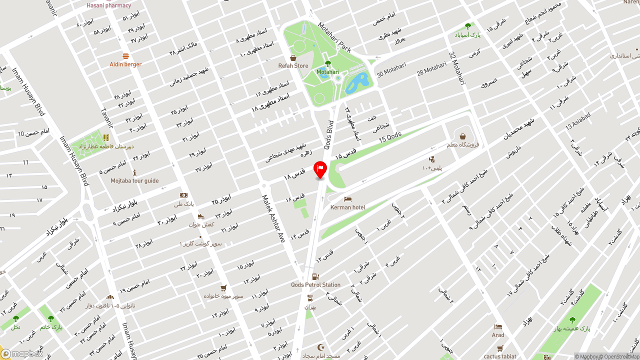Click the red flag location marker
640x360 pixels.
320,169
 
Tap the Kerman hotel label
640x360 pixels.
347,207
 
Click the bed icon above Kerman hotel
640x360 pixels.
347,199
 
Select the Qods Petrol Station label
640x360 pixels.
315,285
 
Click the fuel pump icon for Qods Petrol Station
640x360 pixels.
315,276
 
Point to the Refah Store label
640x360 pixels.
293,66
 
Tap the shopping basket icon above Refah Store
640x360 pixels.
293,58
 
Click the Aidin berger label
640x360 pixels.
125,64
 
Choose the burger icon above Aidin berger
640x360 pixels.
125,56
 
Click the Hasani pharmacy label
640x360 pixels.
108,5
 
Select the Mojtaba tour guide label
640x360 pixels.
134,181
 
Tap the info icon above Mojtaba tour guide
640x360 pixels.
134,172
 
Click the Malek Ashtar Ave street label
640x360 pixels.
273,218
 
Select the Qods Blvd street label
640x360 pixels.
329,134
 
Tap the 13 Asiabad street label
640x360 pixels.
578,121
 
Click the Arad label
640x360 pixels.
498,335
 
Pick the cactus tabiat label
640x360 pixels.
500,356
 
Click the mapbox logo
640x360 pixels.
22,353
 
